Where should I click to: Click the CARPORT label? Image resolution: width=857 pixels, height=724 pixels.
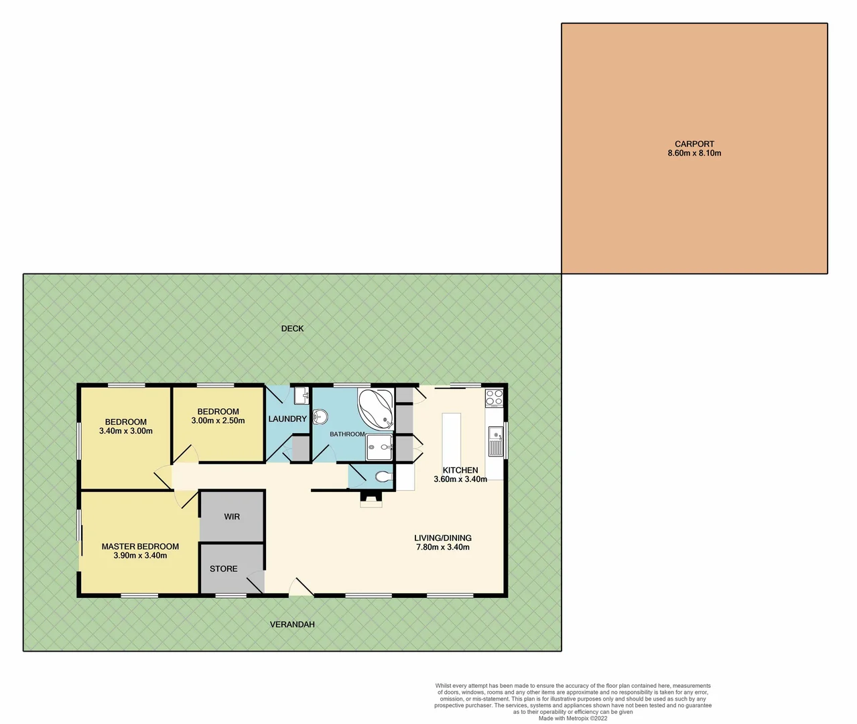[694, 143]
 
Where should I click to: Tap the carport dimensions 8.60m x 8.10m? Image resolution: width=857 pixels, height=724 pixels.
[694, 153]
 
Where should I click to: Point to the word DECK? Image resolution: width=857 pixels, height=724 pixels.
[292, 328]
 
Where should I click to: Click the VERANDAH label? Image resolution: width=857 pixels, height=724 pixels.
[292, 624]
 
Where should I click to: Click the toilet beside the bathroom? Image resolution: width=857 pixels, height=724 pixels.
[383, 477]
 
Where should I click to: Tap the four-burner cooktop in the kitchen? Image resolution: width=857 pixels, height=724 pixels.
[495, 397]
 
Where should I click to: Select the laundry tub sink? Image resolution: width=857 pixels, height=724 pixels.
[301, 396]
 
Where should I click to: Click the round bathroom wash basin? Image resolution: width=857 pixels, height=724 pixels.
[320, 417]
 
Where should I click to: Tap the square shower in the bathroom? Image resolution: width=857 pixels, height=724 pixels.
[379, 447]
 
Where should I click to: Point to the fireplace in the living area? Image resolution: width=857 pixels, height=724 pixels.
[371, 497]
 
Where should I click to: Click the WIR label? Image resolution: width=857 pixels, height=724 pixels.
[232, 516]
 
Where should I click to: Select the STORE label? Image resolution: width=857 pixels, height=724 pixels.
[223, 568]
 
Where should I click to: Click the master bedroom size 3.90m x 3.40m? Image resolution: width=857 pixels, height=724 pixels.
[140, 556]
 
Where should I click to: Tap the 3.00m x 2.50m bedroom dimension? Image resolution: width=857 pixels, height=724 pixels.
[218, 421]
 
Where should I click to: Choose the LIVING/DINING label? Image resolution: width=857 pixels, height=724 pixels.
[442, 538]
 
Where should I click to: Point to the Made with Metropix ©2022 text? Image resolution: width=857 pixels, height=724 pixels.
[573, 718]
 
